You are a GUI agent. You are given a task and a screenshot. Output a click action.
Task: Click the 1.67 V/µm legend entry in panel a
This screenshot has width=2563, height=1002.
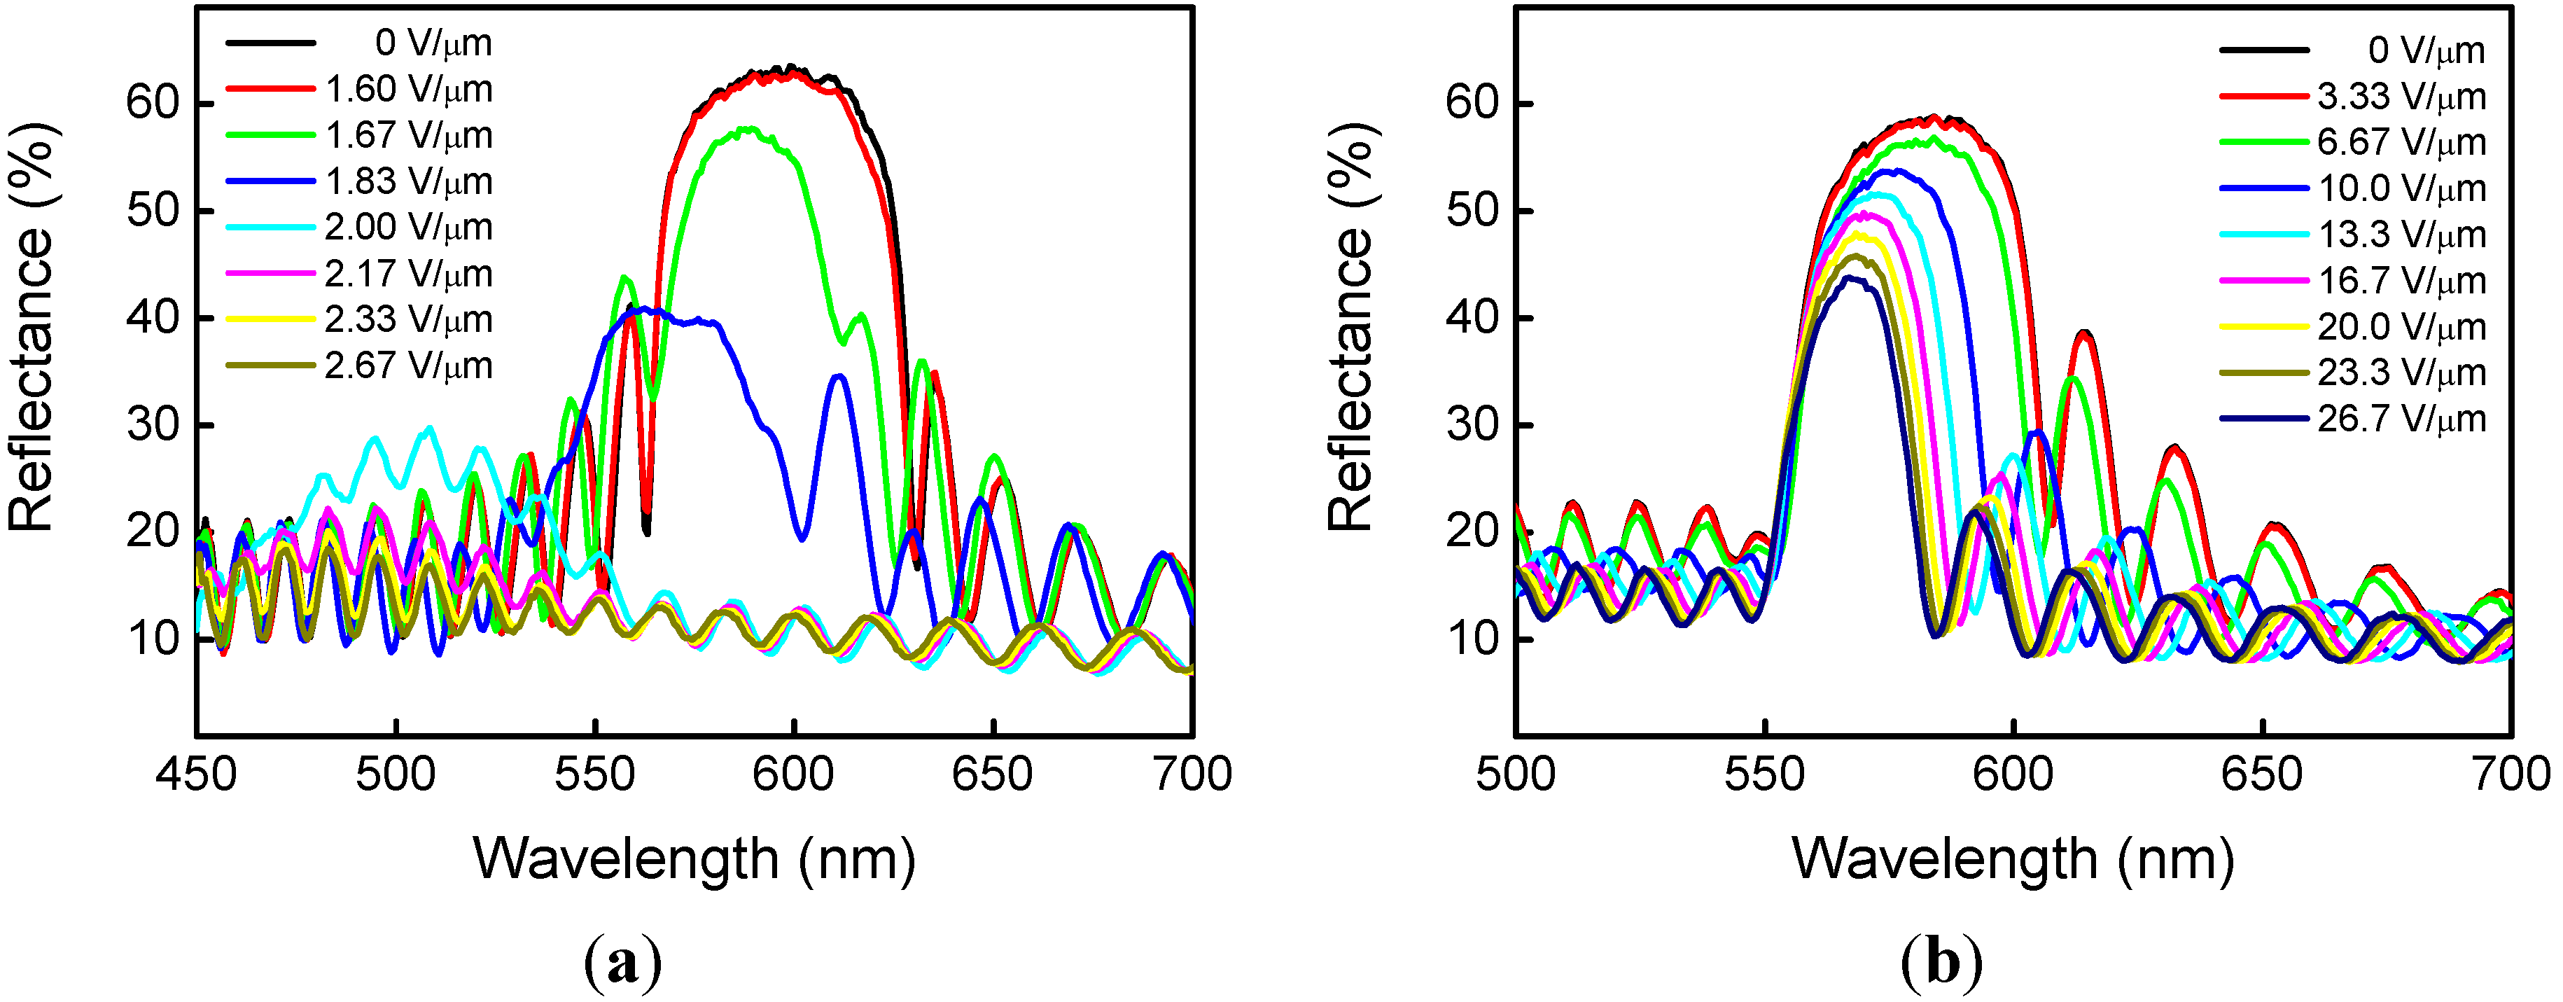click(x=408, y=135)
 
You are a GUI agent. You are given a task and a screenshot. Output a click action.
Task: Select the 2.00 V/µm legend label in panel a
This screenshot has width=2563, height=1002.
click(x=408, y=228)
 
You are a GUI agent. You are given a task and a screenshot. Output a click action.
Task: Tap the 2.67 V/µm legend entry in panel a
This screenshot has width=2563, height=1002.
click(x=408, y=366)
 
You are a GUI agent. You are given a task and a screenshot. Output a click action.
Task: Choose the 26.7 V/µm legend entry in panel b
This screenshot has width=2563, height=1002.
click(x=2401, y=419)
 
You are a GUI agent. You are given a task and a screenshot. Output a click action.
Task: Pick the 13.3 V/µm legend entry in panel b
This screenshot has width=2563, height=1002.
click(x=2401, y=235)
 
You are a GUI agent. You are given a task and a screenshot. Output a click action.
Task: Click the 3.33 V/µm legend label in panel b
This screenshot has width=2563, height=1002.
click(x=2401, y=97)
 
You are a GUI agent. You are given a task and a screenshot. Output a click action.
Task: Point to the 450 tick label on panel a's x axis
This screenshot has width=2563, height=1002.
click(x=196, y=774)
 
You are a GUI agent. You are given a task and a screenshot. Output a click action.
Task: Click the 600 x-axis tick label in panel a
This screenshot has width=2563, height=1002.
click(x=793, y=774)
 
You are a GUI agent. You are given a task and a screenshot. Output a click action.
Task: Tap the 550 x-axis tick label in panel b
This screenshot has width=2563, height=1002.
click(x=1764, y=774)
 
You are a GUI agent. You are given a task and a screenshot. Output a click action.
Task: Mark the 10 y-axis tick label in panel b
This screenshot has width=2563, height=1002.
click(x=1472, y=639)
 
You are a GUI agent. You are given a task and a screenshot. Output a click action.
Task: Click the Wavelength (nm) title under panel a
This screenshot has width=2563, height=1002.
click(x=694, y=858)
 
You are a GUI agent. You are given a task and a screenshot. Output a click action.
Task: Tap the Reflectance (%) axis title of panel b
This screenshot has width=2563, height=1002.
click(x=1351, y=328)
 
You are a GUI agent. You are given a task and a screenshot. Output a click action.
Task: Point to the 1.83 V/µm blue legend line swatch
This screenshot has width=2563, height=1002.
click(x=271, y=181)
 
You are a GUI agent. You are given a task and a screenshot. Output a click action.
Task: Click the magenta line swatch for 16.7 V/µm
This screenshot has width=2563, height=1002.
click(x=2263, y=281)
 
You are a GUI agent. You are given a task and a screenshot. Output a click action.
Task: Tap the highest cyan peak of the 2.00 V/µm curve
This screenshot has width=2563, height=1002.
click(x=429, y=428)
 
